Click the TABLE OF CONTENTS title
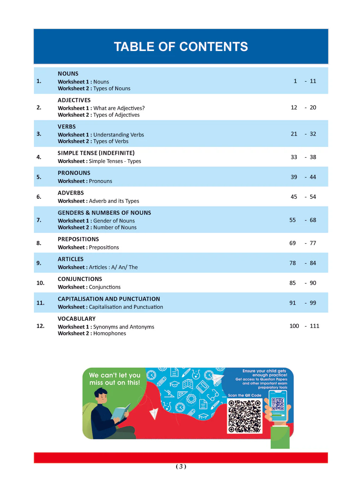(x=181, y=47)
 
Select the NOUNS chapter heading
(x=68, y=74)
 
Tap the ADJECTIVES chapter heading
(x=74, y=100)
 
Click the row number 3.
(x=39, y=134)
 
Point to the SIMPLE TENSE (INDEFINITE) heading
(x=96, y=153)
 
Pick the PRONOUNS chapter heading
(x=74, y=173)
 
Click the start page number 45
(x=294, y=197)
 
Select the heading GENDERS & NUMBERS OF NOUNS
(x=104, y=213)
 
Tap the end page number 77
(x=313, y=243)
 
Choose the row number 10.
(x=40, y=283)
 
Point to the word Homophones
(x=110, y=334)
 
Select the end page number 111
(x=314, y=326)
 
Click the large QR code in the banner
(x=245, y=416)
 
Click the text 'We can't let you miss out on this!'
(x=115, y=379)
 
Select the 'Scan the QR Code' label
(x=245, y=395)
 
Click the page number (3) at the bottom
(x=181, y=467)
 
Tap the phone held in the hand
(x=278, y=406)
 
